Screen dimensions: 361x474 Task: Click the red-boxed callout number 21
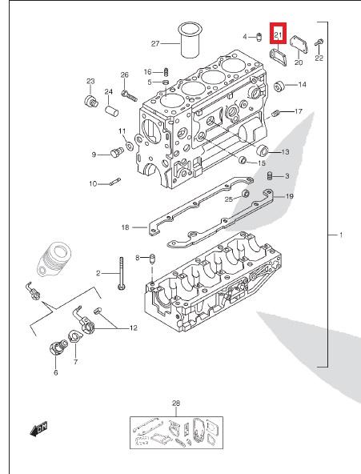click(278, 35)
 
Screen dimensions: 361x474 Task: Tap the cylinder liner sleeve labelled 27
click(190, 39)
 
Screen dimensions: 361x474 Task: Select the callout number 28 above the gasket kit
click(176, 403)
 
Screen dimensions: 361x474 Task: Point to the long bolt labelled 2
click(122, 273)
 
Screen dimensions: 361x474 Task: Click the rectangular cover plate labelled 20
click(299, 45)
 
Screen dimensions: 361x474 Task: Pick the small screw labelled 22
click(319, 42)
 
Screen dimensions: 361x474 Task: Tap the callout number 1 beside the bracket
click(341, 235)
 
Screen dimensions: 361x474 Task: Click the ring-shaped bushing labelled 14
click(279, 86)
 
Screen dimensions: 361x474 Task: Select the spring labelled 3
click(270, 175)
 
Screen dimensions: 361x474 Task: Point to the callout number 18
click(125, 227)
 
